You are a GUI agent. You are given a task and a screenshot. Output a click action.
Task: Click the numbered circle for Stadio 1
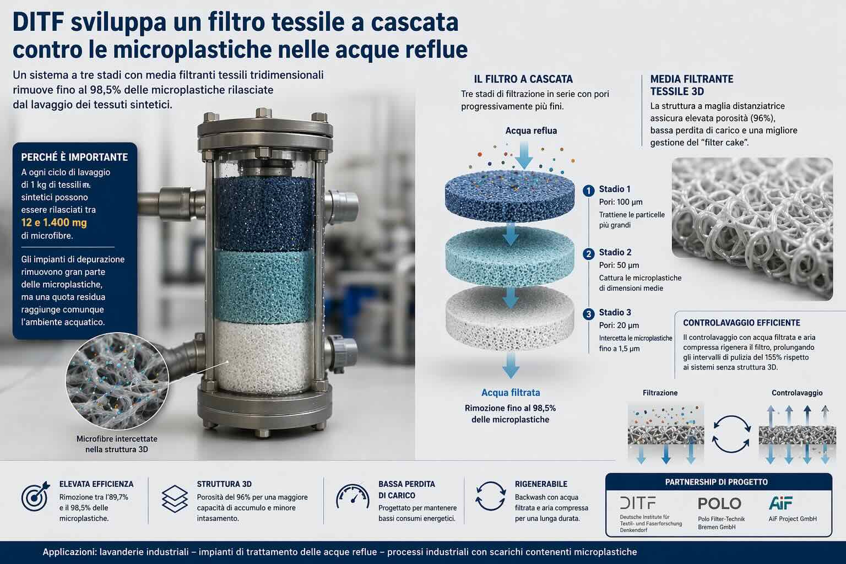pos(588,191)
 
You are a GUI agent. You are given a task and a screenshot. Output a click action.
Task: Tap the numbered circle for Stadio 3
pos(588,314)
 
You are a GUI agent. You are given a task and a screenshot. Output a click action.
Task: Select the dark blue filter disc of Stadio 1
pos(510,196)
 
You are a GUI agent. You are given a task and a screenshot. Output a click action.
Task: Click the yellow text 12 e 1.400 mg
pos(54,223)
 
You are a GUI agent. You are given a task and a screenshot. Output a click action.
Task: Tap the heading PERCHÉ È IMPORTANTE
pos(74,157)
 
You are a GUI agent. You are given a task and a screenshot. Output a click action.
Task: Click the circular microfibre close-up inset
pos(117,381)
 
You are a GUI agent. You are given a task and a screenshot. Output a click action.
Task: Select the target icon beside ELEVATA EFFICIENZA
pos(35,496)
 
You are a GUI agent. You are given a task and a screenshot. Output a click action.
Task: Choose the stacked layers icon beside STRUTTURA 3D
pos(175,498)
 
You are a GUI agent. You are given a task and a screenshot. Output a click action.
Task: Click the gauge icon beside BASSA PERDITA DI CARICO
pos(352,496)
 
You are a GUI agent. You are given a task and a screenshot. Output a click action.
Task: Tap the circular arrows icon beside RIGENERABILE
pos(490,496)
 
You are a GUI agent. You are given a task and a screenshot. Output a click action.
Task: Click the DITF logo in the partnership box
pos(637,503)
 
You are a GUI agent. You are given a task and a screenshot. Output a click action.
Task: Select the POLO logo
pos(719,503)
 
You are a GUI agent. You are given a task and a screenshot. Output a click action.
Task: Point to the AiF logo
pos(780,503)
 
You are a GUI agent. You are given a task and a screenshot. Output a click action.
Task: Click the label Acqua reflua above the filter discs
pos(531,131)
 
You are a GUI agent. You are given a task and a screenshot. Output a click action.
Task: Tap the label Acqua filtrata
pos(511,393)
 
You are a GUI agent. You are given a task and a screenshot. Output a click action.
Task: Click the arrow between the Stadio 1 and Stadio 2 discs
pos(511,234)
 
